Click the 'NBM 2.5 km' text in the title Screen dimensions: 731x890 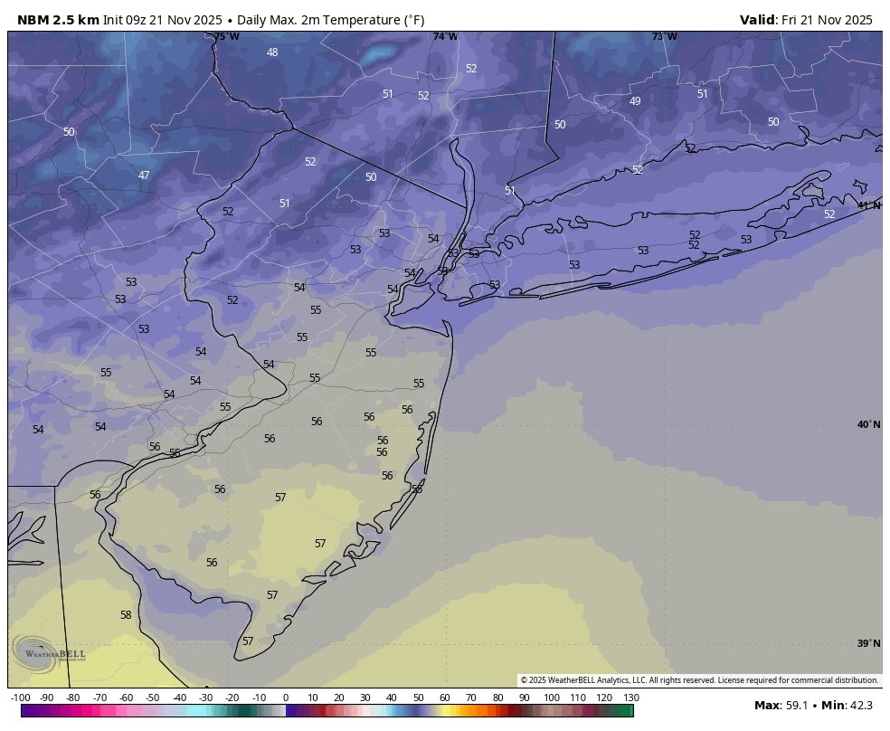58,20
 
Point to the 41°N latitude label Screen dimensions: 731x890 868,205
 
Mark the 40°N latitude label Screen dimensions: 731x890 868,425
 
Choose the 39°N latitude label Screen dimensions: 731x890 868,643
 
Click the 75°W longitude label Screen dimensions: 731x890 227,37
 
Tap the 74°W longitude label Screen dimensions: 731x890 445,37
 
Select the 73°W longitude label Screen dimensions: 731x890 664,37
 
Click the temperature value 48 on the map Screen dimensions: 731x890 272,52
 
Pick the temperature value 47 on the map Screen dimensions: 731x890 144,176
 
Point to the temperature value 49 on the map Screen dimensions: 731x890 635,101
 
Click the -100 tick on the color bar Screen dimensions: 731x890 21,698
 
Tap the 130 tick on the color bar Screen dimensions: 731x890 631,698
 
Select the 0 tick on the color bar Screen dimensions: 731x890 286,698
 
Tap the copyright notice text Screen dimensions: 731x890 699,680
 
